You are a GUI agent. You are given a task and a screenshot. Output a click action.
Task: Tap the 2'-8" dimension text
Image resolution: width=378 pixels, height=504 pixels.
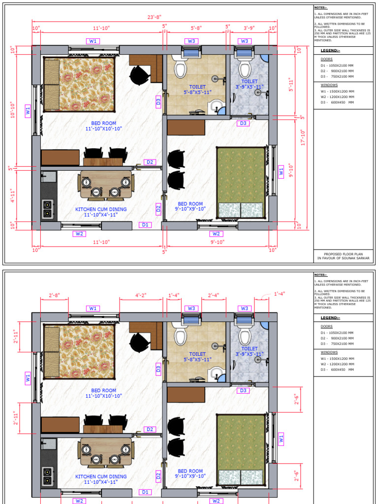point(54,295)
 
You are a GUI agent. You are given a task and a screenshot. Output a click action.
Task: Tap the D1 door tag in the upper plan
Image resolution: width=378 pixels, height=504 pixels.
point(145,225)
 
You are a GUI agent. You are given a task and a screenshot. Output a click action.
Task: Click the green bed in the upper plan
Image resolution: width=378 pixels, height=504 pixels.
point(241,182)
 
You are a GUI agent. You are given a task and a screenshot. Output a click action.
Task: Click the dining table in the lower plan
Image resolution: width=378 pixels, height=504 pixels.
point(105,452)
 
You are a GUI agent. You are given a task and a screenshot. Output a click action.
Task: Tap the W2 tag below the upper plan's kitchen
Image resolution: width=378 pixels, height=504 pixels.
point(79,233)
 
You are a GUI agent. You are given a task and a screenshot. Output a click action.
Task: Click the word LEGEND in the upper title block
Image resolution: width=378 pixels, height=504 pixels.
point(328,51)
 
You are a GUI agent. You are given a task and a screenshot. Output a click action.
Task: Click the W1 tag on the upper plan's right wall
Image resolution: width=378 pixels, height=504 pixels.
point(281,172)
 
